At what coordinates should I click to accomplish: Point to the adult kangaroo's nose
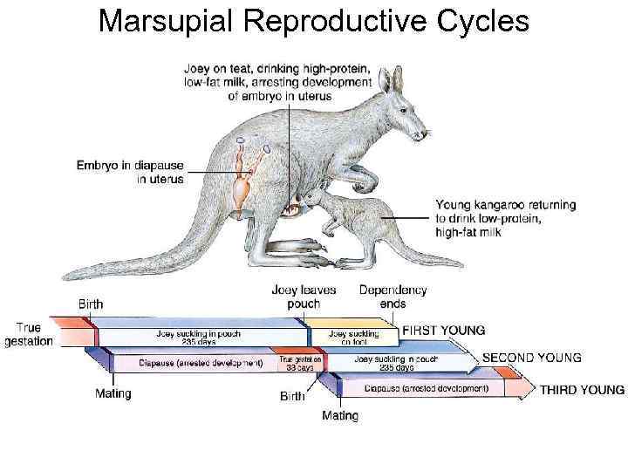pos(426,133)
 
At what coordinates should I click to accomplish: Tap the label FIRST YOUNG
pos(443,331)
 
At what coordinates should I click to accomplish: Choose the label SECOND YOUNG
pos(531,358)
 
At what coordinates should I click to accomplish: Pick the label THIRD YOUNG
pos(582,390)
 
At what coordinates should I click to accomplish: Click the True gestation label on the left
pos(29,335)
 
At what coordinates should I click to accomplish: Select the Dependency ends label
pos(392,297)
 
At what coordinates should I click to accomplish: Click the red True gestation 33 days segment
pos(301,363)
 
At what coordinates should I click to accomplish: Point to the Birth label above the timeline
pos(91,304)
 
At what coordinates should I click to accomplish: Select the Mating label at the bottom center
pos(340,415)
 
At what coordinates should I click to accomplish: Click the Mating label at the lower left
pos(113,393)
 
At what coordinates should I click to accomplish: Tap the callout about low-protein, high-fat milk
pos(505,218)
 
